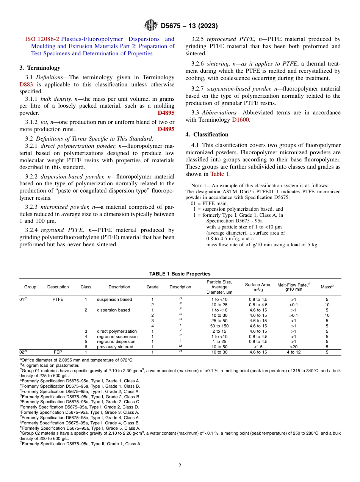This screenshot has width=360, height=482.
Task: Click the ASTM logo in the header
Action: (151, 26)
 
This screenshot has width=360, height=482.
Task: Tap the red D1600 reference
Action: (241, 120)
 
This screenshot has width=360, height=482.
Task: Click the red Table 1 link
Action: (220, 174)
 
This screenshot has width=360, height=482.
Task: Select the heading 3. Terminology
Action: (40, 68)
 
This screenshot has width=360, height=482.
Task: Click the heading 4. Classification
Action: (207, 135)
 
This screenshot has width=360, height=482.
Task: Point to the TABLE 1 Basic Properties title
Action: (180, 274)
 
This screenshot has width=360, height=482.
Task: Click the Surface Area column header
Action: (258, 287)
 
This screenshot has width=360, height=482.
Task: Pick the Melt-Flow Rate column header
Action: (294, 287)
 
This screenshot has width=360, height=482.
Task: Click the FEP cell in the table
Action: (58, 352)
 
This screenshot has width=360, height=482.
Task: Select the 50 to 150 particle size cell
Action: (219, 326)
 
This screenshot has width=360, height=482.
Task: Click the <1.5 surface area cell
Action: (258, 347)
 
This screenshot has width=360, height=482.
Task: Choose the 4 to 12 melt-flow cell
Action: (294, 352)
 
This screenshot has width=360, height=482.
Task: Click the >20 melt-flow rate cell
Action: (294, 347)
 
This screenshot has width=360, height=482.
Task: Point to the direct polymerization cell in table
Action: (117, 331)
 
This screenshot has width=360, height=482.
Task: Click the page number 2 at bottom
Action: (180, 466)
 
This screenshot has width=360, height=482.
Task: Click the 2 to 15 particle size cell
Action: (219, 331)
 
